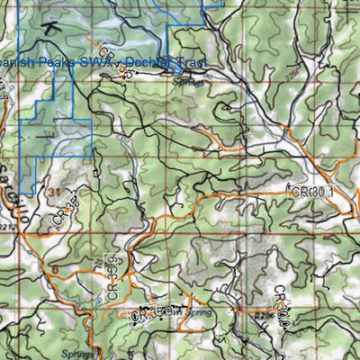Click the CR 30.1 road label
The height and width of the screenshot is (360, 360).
pos(311,192)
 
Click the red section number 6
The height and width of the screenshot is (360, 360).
pos(54,269)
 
